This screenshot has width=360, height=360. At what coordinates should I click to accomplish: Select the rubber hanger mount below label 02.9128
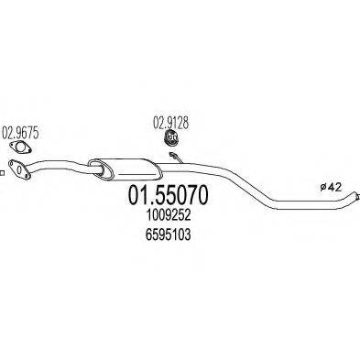click(169, 138)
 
